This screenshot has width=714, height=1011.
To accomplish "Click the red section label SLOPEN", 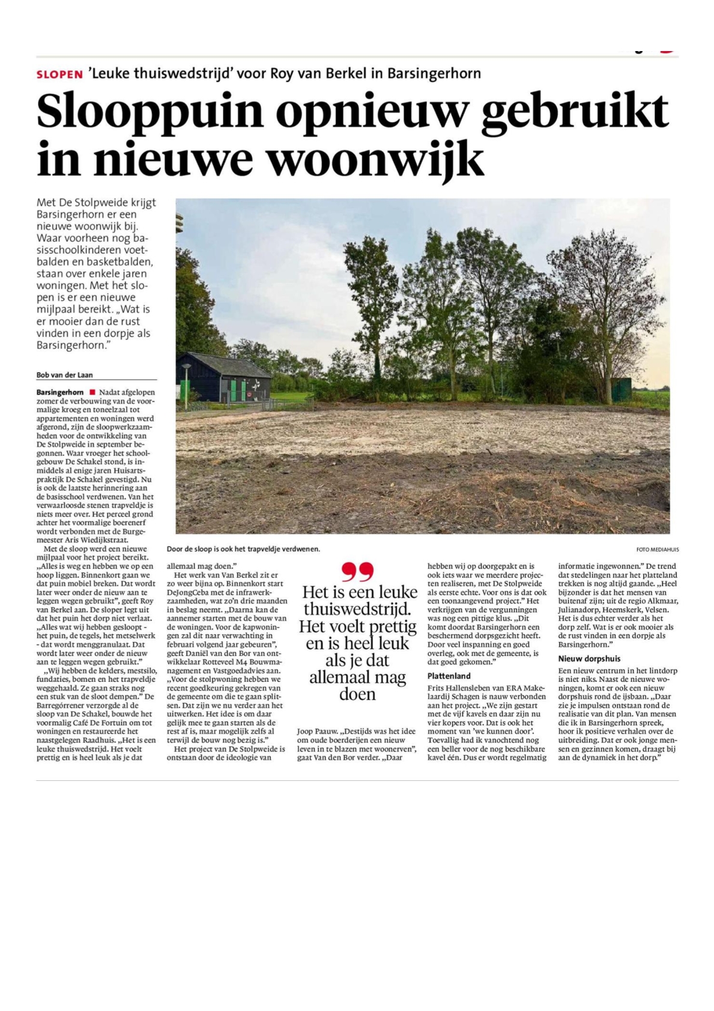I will point(59,74).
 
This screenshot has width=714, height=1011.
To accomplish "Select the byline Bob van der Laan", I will point(64,375).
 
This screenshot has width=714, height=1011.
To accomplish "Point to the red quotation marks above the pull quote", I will point(357,571).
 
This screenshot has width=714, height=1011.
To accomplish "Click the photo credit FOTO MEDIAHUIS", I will point(658,550).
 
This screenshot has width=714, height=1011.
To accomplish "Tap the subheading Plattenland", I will point(449,676).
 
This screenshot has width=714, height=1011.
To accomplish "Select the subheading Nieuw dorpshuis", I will point(589,658).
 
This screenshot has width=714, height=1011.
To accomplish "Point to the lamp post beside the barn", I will point(186,384).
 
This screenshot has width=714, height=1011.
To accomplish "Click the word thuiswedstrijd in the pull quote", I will point(357,609).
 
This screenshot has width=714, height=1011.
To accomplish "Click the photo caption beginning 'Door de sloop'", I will point(243,549).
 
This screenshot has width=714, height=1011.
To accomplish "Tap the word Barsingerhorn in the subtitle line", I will point(434,74).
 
